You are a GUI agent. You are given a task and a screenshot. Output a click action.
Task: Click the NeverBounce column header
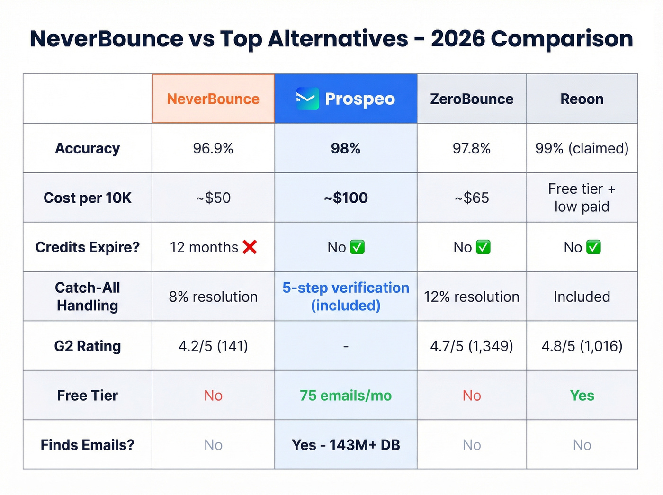tap(213, 99)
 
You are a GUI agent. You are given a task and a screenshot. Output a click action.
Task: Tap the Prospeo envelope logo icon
tap(307, 99)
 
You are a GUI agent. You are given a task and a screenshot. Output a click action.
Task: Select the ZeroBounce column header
tap(472, 99)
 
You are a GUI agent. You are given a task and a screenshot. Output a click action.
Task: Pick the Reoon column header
tap(582, 99)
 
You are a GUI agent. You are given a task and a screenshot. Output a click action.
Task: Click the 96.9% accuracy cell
tap(213, 148)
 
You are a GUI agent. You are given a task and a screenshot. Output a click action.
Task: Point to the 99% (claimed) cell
tap(582, 148)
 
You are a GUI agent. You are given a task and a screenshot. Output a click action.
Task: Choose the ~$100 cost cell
tap(346, 198)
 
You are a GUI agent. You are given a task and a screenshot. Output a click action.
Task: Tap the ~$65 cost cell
tap(472, 198)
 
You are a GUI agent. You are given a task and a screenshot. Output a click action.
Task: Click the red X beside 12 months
tap(250, 247)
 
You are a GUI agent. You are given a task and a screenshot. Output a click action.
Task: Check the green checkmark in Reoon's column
tap(593, 247)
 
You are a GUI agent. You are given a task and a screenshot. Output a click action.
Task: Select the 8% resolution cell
tap(213, 297)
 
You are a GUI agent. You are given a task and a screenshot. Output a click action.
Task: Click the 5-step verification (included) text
tap(346, 297)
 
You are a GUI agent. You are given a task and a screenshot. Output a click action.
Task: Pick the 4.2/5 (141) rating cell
tap(213, 346)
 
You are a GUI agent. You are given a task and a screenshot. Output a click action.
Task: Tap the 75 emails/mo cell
tap(346, 396)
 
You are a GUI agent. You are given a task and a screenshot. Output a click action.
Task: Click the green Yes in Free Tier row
tap(582, 396)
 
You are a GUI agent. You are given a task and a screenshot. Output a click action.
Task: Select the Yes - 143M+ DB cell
tap(346, 445)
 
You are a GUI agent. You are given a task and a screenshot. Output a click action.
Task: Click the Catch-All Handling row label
tap(88, 297)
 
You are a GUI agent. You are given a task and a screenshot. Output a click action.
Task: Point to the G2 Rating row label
tap(88, 346)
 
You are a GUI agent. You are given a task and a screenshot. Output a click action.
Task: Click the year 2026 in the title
tap(458, 39)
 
